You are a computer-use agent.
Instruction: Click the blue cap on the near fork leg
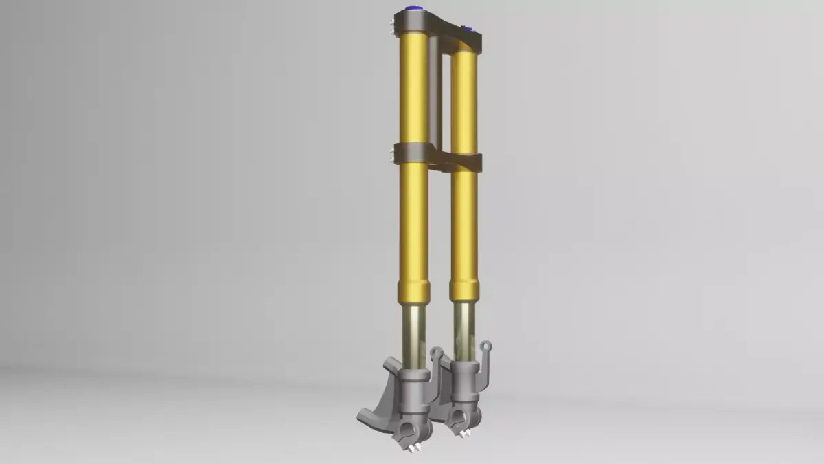point(414,9)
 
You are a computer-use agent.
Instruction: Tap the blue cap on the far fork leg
point(469,30)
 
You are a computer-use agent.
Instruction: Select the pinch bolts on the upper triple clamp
point(391,27)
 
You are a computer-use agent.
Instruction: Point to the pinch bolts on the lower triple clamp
point(391,153)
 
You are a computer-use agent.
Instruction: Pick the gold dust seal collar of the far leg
point(464,289)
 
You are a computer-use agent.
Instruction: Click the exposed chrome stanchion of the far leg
point(463,330)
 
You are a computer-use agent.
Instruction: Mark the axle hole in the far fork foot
point(457,415)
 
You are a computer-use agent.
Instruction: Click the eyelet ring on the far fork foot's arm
point(486,346)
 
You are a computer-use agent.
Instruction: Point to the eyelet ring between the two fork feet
point(435,353)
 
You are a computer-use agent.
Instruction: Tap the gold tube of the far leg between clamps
point(465,103)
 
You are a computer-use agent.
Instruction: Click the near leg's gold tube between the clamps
point(414,89)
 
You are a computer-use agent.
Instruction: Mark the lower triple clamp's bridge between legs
point(443,159)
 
